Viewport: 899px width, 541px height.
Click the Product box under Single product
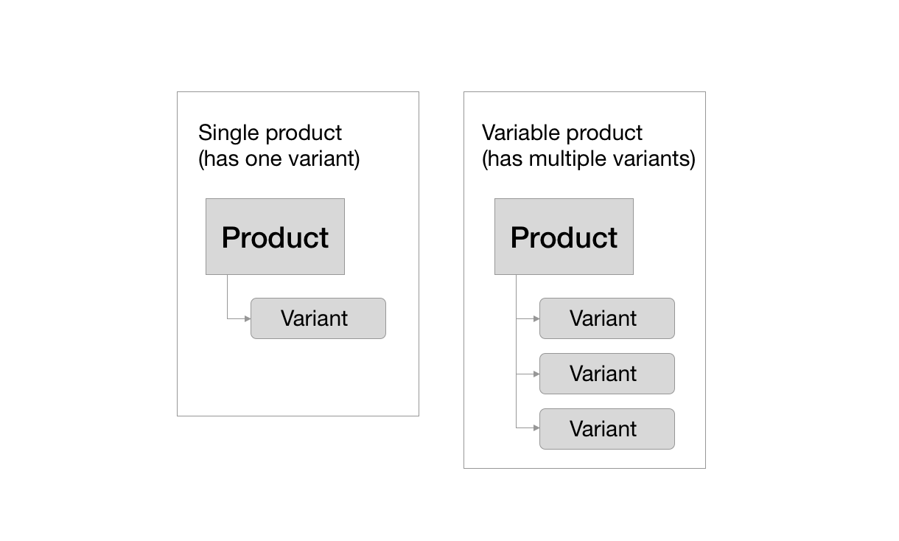(x=275, y=237)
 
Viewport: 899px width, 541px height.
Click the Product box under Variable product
(x=564, y=237)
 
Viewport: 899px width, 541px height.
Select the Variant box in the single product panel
(x=318, y=318)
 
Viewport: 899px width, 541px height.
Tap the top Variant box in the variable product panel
(x=607, y=318)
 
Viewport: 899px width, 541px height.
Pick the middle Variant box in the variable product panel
(x=607, y=374)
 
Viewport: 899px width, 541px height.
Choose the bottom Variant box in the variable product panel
(x=607, y=429)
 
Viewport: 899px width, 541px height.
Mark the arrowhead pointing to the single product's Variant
(x=248, y=318)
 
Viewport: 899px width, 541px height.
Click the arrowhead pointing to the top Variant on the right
(x=536, y=318)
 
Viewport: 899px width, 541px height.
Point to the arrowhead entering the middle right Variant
(x=536, y=374)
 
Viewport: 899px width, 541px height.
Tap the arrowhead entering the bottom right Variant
(x=536, y=427)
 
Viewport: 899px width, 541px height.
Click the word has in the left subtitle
(x=220, y=159)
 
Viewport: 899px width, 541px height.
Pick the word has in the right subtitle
(x=503, y=159)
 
